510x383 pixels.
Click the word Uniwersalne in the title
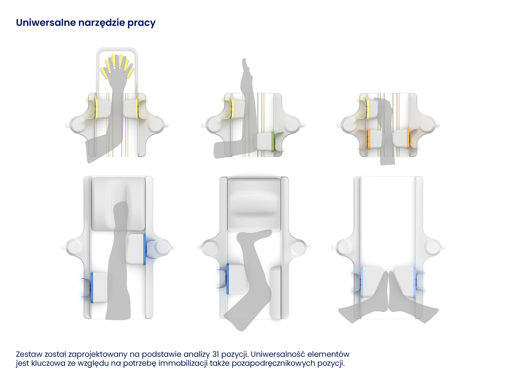(x=46, y=23)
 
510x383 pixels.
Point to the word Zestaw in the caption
(x=29, y=354)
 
